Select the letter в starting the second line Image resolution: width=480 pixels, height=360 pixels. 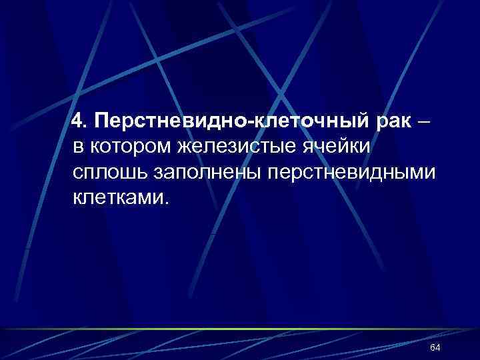(79, 147)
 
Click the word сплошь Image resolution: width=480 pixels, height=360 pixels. (111, 172)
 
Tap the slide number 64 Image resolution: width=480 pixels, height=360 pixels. (436, 348)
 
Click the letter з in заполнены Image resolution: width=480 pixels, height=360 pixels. (161, 173)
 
